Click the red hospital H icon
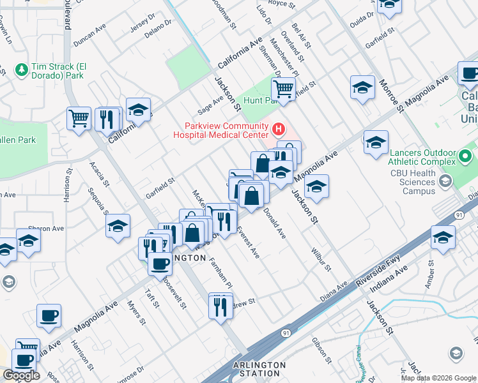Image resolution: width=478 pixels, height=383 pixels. point(278,130)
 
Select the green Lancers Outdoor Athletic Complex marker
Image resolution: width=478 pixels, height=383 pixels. point(466,156)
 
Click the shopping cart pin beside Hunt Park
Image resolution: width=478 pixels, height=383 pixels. point(284,89)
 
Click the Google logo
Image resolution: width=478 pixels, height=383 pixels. point(21,375)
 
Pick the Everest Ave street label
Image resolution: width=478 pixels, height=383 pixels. point(249,243)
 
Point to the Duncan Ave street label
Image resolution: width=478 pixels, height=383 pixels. point(89,37)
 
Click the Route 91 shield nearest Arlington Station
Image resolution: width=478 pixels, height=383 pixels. point(284,333)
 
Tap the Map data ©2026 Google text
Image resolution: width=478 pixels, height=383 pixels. point(439,377)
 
